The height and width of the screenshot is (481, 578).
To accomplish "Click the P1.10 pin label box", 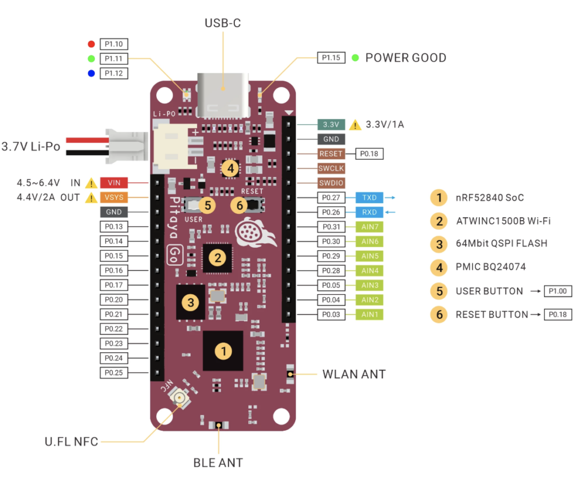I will [x=114, y=44].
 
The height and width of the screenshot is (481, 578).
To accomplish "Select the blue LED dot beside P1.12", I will [x=91, y=73].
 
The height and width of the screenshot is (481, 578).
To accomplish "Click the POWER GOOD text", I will [x=406, y=58].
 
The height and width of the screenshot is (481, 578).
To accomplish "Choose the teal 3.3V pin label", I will [x=330, y=124].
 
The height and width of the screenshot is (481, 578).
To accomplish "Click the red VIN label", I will [x=114, y=182].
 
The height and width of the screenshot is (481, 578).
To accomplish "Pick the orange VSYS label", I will [x=114, y=197].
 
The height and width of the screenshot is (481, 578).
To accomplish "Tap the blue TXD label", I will [x=369, y=198].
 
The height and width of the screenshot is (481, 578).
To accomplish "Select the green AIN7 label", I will [x=369, y=226].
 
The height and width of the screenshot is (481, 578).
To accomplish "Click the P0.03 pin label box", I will [x=330, y=314].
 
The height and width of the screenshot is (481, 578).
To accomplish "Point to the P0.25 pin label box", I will [x=114, y=373].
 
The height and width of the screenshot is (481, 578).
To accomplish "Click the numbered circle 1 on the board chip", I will [x=224, y=351].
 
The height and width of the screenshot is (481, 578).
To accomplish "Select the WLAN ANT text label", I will [x=354, y=374].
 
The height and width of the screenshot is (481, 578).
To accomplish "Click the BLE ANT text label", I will [x=218, y=463].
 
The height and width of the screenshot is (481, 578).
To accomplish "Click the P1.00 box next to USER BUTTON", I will [x=558, y=291].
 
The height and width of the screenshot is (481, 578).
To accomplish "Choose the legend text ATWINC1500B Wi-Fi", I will [x=503, y=221].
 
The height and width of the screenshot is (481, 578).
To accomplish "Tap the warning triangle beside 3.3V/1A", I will [x=356, y=124].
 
